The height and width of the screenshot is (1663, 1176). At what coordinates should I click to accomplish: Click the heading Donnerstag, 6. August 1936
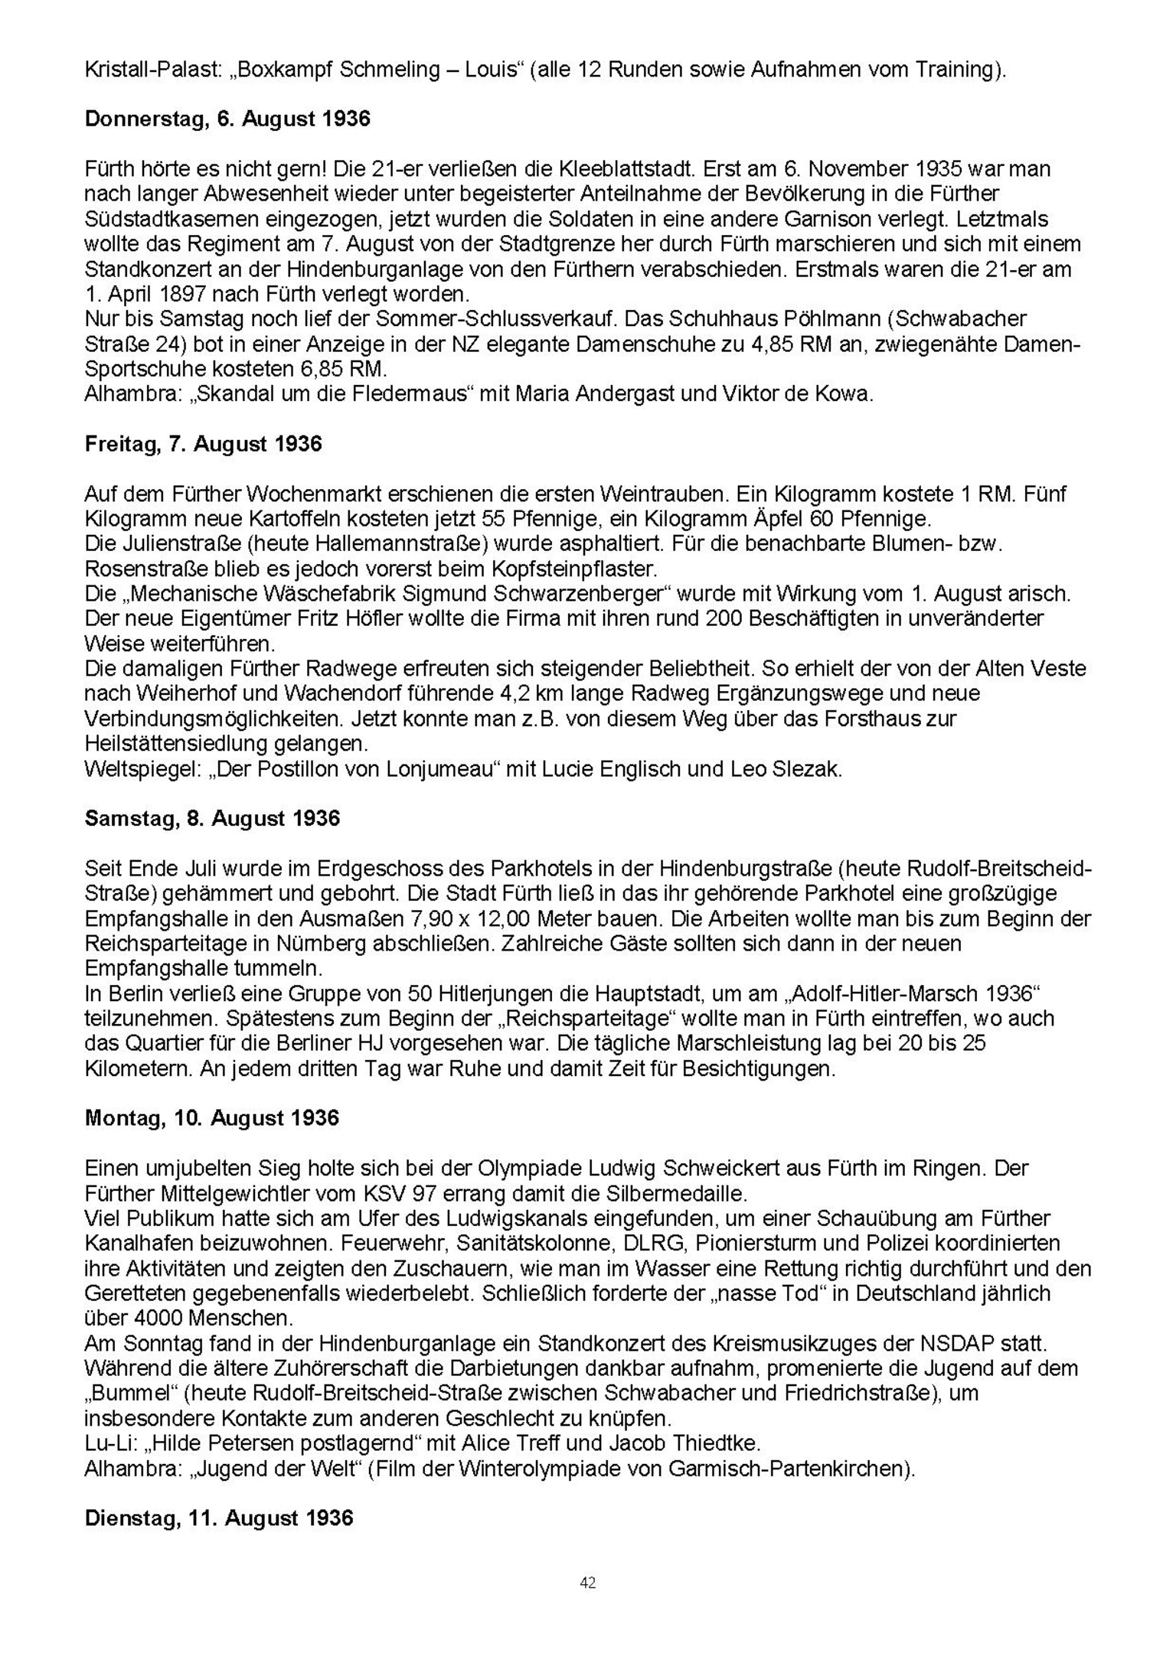point(227,119)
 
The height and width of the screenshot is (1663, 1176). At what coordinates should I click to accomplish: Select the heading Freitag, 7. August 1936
point(203,444)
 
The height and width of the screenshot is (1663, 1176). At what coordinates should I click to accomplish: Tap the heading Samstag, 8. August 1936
point(212,818)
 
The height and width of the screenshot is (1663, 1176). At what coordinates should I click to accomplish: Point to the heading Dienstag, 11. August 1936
point(219,1518)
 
